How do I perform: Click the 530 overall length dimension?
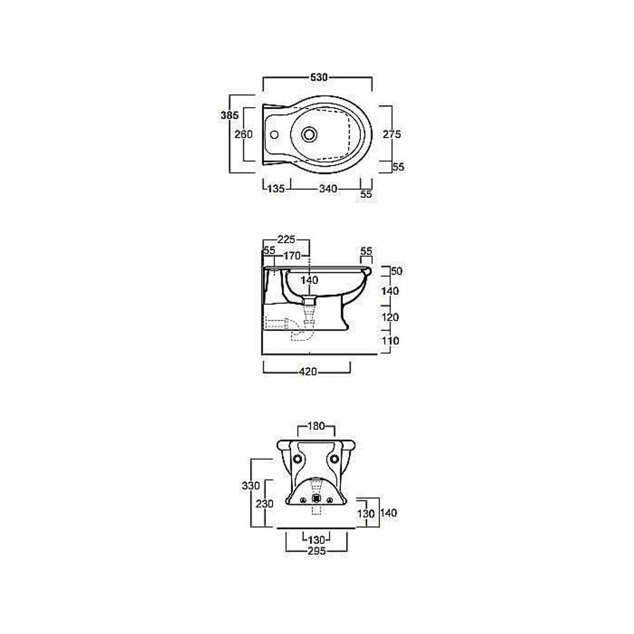point(319,77)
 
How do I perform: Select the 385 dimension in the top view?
point(230,115)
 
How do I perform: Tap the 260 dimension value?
point(243,134)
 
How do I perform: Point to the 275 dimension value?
point(392,134)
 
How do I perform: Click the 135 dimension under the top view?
point(276,188)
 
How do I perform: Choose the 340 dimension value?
point(328,188)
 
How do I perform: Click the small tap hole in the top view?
point(274,134)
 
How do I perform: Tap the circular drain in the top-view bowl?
point(309,134)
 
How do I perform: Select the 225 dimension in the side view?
point(286,240)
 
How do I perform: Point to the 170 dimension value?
point(292,256)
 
